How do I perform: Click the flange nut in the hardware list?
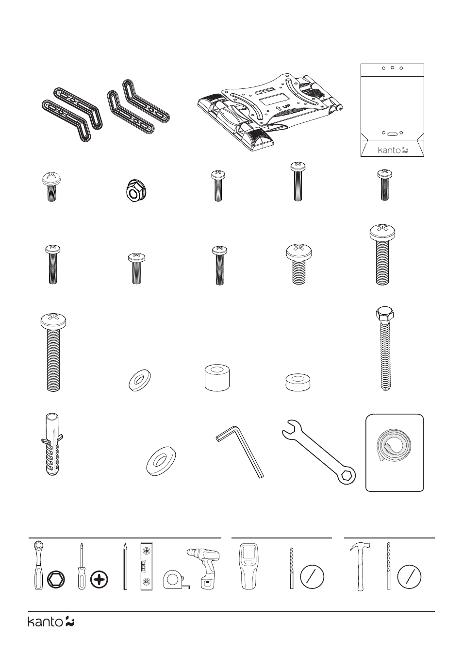(135, 191)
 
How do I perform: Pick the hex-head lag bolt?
(385, 349)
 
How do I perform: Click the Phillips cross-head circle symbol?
(99, 580)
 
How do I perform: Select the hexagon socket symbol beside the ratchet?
(55, 580)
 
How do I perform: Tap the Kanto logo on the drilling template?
(393, 151)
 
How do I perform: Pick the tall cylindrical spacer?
(217, 377)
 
